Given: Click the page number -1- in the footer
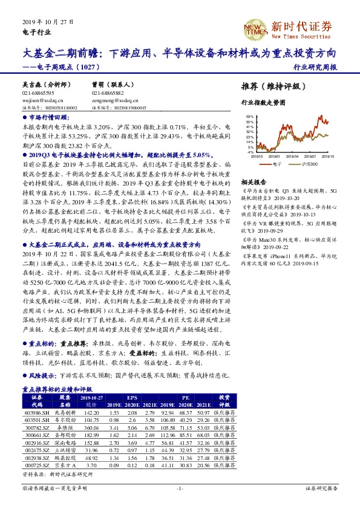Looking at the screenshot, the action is point(179,487).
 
